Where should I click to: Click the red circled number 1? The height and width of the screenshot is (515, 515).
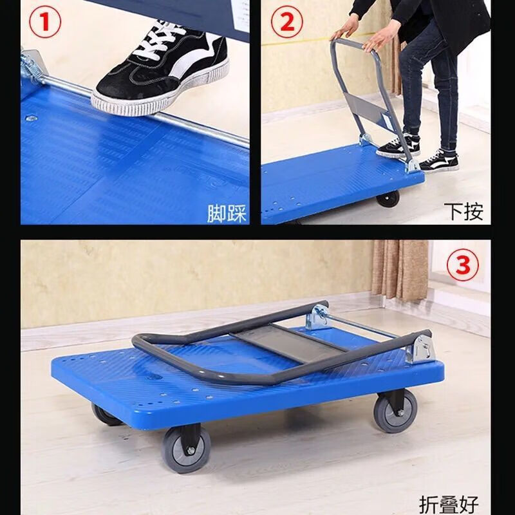45,23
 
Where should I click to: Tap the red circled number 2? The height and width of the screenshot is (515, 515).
287,23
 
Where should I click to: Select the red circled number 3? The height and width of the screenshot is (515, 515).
462,265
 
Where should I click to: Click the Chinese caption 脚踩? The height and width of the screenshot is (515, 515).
227,214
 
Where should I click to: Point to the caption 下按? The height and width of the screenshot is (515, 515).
464,212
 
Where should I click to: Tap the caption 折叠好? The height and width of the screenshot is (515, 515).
449,505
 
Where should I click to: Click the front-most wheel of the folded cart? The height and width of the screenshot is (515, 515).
186,449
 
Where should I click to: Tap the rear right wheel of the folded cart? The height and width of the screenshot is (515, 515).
395,411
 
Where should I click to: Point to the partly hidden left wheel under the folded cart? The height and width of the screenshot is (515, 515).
104,415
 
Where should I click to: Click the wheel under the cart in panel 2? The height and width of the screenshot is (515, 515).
388,199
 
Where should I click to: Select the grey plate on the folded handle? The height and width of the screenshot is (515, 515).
288,342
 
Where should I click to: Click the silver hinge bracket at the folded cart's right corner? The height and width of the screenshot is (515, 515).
420,349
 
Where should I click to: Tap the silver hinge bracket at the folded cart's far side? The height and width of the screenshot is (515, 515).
317,317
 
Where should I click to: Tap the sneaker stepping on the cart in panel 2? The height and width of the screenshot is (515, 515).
398,145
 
